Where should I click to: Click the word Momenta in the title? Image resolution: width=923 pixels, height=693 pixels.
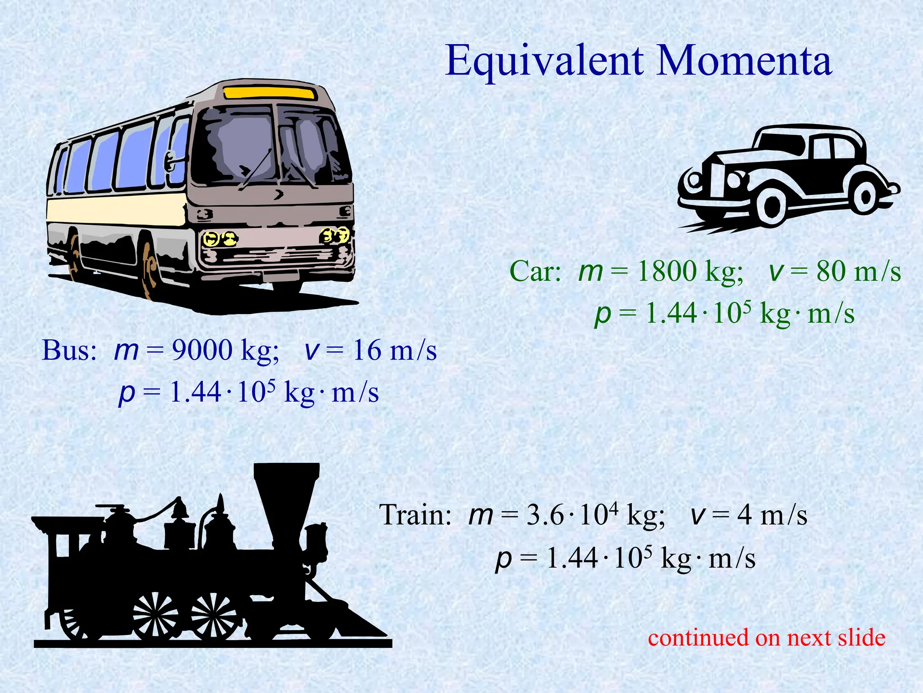tap(744, 61)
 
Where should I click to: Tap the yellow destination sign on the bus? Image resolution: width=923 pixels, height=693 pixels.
tap(269, 93)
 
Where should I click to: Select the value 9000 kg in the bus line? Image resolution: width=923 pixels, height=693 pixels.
tap(225, 350)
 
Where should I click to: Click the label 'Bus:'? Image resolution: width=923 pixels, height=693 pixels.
tap(69, 350)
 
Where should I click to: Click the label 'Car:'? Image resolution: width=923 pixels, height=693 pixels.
tap(535, 272)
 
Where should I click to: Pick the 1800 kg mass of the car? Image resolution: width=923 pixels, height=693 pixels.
tap(690, 272)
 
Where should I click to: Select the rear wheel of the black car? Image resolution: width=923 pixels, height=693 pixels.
tap(866, 196)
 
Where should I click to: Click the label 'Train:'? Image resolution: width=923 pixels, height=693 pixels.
tap(415, 515)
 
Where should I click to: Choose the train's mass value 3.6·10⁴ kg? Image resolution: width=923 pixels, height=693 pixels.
tap(595, 515)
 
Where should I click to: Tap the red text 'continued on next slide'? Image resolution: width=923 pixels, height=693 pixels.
tap(767, 638)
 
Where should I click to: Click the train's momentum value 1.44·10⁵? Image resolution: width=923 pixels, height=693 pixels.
tap(599, 558)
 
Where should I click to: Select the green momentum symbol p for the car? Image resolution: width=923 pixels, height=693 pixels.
tap(603, 314)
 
